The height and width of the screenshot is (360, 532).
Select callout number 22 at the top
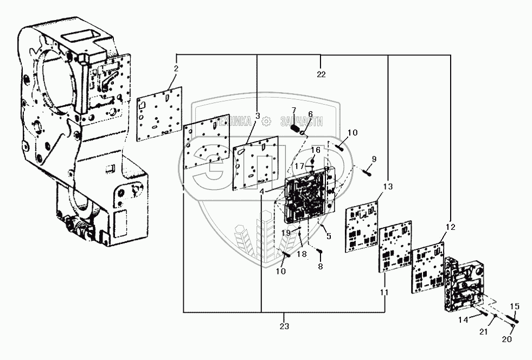(x=322, y=74)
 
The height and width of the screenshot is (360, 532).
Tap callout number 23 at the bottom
(x=285, y=326)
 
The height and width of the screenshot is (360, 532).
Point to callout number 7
(x=293, y=111)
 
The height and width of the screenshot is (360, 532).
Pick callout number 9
(x=374, y=159)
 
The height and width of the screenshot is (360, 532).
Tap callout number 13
(x=387, y=187)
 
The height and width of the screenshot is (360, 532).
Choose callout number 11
(x=384, y=292)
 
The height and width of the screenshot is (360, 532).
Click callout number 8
(x=320, y=267)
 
